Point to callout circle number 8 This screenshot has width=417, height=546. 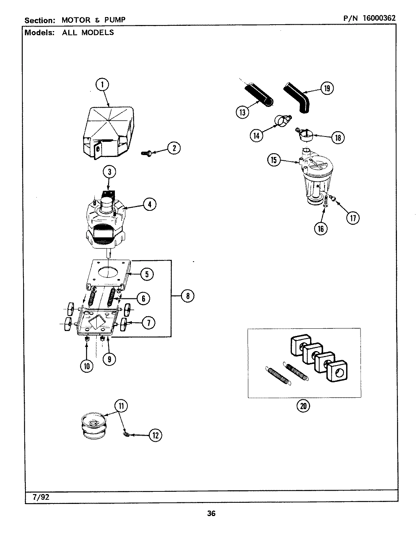pyautogui.click(x=187, y=295)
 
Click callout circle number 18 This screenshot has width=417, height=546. pyautogui.click(x=337, y=138)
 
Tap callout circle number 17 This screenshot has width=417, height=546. pyautogui.click(x=353, y=218)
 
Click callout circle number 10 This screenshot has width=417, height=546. pyautogui.click(x=87, y=366)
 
